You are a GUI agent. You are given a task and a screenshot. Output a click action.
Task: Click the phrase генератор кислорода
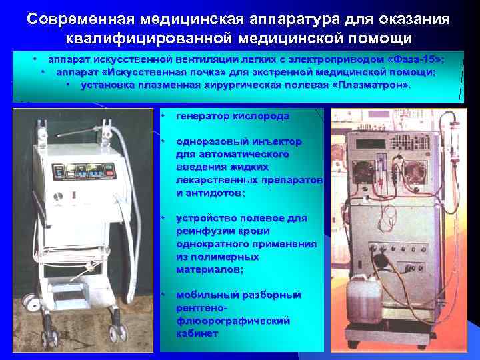click(233, 116)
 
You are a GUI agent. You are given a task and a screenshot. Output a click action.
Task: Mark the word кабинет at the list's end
click(197, 333)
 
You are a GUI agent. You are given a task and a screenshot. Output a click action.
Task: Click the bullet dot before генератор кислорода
click(163, 116)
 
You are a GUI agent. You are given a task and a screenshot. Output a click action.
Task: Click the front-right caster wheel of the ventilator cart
click(119, 332)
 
